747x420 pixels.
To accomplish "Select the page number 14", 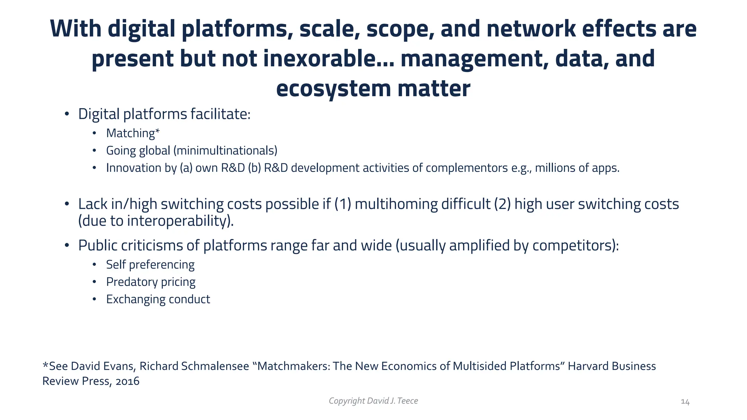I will (x=685, y=402).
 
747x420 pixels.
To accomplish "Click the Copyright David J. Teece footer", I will (x=373, y=401).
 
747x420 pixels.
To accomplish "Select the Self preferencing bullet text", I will (x=150, y=265).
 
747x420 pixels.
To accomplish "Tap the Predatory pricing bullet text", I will (x=151, y=282).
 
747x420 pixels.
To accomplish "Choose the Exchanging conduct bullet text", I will (x=158, y=299).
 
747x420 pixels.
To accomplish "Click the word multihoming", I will (x=396, y=204).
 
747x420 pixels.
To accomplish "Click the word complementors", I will (x=467, y=168).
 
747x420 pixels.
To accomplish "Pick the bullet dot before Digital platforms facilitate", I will (x=67, y=114).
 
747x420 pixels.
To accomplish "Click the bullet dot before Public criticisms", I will (x=67, y=246).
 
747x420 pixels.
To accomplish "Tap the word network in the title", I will (x=531, y=29).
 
